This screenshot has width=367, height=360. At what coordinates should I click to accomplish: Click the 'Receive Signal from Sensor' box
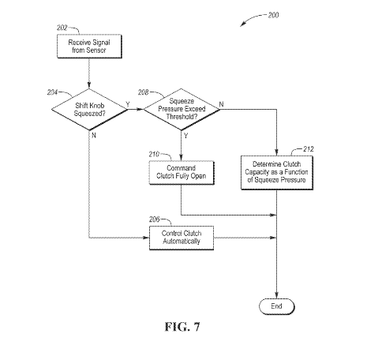click(89, 47)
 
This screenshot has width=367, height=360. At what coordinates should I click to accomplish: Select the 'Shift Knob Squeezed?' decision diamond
click(89, 110)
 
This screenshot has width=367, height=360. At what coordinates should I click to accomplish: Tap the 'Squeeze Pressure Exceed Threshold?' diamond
click(182, 109)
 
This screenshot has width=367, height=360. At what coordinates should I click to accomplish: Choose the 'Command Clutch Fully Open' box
click(182, 173)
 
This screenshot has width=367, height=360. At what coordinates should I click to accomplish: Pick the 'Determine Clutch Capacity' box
click(277, 173)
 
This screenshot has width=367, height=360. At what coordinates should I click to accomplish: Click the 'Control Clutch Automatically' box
click(182, 238)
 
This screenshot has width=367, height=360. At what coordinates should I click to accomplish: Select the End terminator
click(277, 306)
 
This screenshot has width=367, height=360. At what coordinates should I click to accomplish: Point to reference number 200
click(273, 15)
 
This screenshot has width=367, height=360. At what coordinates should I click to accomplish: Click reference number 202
click(62, 28)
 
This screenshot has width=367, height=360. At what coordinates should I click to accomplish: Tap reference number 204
click(52, 92)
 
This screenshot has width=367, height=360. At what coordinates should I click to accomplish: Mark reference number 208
click(144, 92)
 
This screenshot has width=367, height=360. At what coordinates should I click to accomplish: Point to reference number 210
click(154, 154)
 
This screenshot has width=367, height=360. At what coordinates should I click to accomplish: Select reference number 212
click(309, 149)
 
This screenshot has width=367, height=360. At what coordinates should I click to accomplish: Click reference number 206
click(155, 219)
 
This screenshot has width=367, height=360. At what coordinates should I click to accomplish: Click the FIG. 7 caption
click(182, 327)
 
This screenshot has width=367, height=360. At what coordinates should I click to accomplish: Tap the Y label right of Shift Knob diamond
click(128, 104)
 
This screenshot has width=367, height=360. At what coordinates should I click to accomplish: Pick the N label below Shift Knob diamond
click(94, 135)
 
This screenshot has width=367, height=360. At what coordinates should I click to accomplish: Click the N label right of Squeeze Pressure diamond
click(222, 104)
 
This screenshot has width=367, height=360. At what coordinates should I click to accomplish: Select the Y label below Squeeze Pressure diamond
click(186, 136)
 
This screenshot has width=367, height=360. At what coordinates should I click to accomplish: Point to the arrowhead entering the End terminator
click(276, 295)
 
